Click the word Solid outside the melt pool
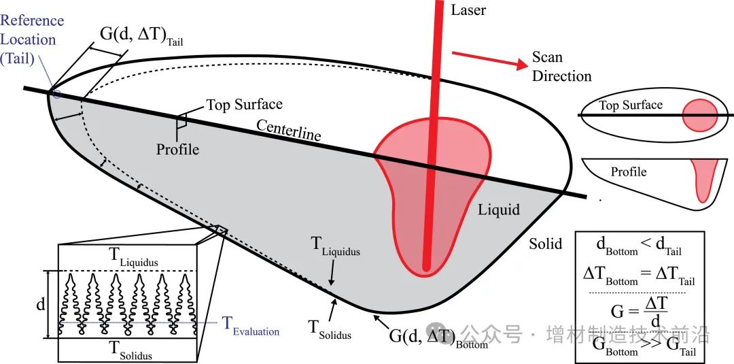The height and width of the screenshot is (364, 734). (x=545, y=243)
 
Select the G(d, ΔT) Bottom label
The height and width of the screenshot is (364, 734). (x=438, y=337)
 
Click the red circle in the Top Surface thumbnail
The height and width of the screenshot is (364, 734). (x=699, y=115)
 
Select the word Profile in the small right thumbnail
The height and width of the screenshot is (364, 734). (x=628, y=171)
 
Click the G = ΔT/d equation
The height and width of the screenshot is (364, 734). (x=637, y=312)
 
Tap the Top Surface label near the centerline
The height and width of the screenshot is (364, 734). (x=244, y=105)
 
